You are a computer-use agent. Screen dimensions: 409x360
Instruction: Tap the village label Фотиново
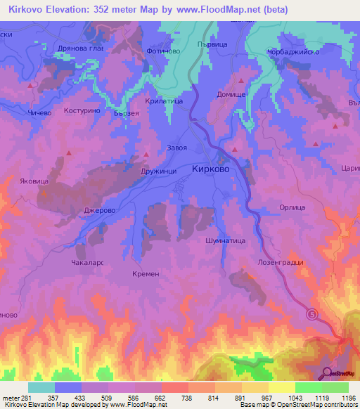pyautogui.click(x=164, y=51)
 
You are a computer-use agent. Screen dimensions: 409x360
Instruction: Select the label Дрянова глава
pyautogui.click(x=79, y=48)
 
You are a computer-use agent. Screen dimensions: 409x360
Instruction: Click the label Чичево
pyautogui.click(x=39, y=112)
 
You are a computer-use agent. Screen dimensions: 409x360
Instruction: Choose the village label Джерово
pyautogui.click(x=99, y=210)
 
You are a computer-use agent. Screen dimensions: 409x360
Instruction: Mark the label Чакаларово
pyautogui.click(x=87, y=262)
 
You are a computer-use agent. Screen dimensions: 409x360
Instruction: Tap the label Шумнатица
pyautogui.click(x=224, y=240)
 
